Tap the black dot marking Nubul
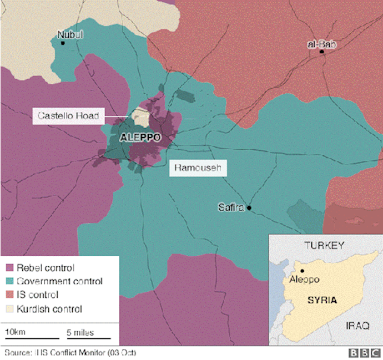tap(63, 43)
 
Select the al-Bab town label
tap(322, 44)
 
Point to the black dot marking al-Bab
tap(322, 52)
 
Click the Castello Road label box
tap(68, 116)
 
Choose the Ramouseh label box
tap(198, 168)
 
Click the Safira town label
tap(231, 208)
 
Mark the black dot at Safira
tap(249, 208)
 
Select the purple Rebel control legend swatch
tap(10, 268)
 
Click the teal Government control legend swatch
tap(10, 281)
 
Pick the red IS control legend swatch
tap(10, 295)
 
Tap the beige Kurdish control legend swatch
tap(10, 309)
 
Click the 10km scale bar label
tap(14, 333)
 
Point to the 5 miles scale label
tap(80, 333)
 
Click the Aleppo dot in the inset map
tap(302, 271)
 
